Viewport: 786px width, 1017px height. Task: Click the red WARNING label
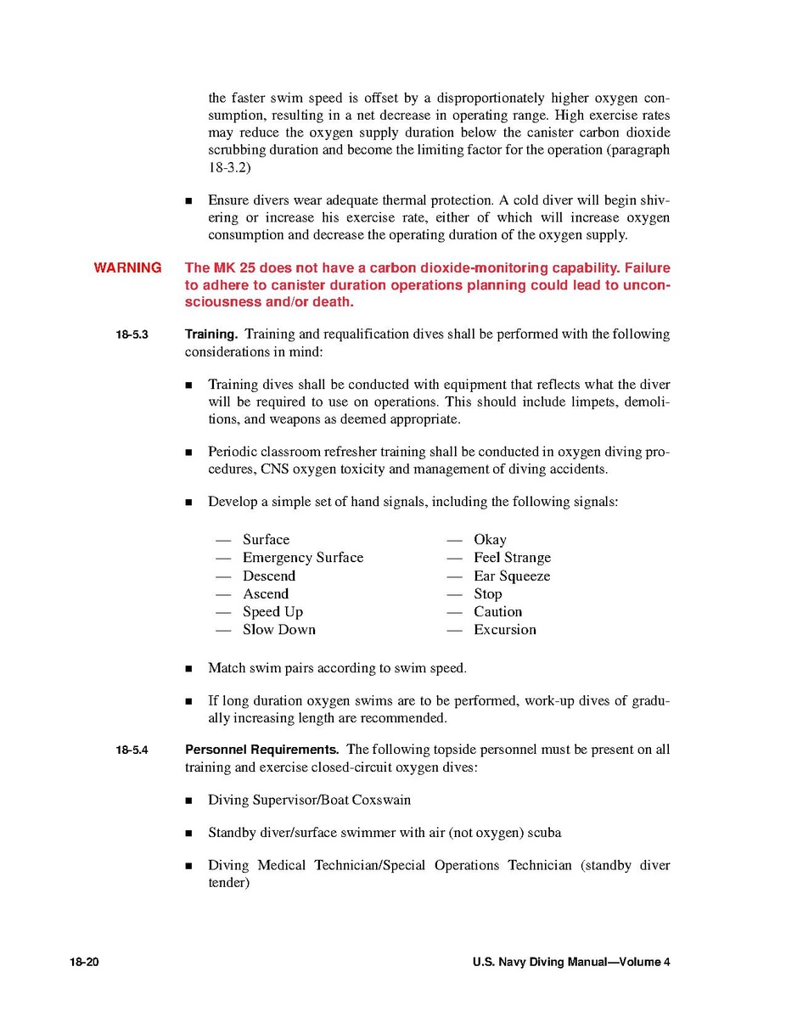(x=127, y=268)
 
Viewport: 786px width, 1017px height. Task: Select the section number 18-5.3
(x=132, y=334)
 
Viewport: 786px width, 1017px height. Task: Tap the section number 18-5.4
(x=132, y=750)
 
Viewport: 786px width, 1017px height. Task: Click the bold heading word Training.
(x=211, y=334)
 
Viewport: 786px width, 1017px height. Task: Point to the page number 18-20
(x=85, y=963)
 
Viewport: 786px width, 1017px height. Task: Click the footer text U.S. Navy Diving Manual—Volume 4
(x=571, y=963)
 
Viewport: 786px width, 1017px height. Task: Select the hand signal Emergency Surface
(x=303, y=558)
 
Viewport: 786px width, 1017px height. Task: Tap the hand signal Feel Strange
(x=512, y=558)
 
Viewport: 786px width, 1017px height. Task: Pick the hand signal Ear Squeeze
(x=512, y=576)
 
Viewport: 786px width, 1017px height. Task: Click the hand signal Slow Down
(x=279, y=630)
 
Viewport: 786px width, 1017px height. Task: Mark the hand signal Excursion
(x=505, y=630)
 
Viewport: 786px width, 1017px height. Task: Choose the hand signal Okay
(x=490, y=540)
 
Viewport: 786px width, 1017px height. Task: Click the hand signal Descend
(x=269, y=576)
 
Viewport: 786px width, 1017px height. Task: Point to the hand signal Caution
(x=498, y=612)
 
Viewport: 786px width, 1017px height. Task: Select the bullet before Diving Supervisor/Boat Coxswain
(x=188, y=801)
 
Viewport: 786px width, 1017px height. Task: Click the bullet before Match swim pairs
(x=188, y=669)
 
